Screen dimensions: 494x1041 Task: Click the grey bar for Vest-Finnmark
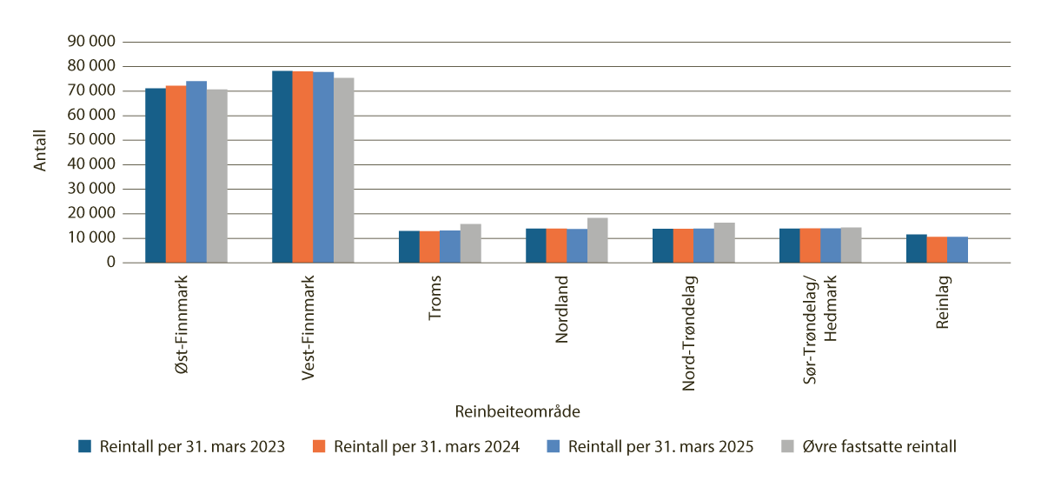344,170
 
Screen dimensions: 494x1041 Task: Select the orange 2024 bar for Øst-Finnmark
176,174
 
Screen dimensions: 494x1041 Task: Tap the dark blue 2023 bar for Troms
408,247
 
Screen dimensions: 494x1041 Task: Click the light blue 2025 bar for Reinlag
958,250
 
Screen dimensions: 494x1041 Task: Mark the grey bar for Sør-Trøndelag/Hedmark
852,245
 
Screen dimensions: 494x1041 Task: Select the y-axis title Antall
41,150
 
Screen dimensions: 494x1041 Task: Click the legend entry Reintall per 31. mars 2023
192,446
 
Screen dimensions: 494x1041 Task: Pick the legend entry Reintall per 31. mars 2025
660,446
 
